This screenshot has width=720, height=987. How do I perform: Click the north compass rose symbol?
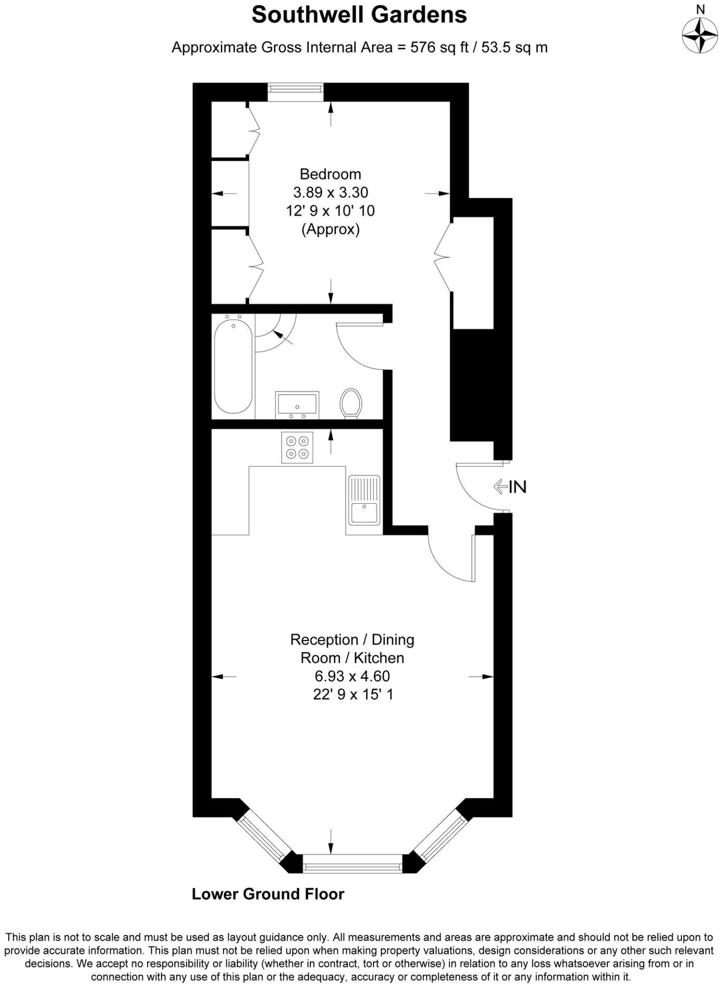(700, 35)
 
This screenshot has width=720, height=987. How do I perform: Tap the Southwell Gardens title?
(359, 15)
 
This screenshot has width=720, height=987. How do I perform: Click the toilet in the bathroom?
(351, 403)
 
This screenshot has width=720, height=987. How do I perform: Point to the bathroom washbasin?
(297, 404)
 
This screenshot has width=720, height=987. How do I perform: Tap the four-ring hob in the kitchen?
(297, 447)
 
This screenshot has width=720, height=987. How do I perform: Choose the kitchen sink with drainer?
(364, 500)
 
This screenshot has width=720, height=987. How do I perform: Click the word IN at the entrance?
(518, 487)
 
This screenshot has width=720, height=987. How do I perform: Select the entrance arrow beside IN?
(500, 487)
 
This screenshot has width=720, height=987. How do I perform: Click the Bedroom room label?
(330, 174)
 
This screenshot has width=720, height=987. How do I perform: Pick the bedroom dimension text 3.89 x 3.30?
(330, 192)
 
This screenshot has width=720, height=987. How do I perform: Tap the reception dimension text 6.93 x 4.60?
(352, 676)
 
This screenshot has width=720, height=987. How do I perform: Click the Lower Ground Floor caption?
(268, 894)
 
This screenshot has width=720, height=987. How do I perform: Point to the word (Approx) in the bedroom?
(330, 229)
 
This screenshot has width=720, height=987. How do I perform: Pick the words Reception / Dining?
(352, 640)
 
